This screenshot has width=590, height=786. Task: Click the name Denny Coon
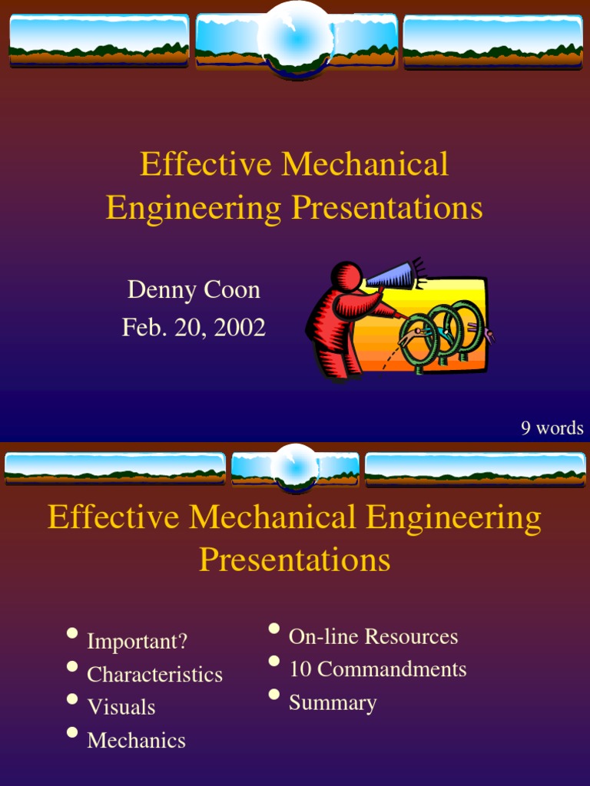tap(194, 290)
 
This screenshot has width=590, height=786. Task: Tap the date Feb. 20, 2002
tap(194, 328)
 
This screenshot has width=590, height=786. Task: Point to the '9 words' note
tap(552, 428)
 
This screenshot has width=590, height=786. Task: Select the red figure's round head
tap(346, 276)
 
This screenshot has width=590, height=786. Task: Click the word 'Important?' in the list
tap(137, 641)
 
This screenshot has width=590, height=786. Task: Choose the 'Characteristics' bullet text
tap(154, 675)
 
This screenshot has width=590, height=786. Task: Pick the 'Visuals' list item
tap(121, 708)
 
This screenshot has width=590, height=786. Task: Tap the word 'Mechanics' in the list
tap(136, 741)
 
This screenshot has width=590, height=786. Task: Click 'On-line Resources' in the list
tap(373, 636)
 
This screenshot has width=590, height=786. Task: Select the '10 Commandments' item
tap(377, 669)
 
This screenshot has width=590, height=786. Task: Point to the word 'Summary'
tap(333, 703)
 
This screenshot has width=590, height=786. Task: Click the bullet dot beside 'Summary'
tap(274, 695)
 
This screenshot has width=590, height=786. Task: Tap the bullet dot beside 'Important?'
tap(72, 633)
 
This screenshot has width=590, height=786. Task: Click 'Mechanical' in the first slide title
tap(365, 164)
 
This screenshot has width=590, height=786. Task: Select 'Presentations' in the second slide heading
tap(295, 560)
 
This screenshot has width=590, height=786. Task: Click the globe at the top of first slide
tap(295, 38)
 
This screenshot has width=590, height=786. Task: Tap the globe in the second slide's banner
tap(294, 467)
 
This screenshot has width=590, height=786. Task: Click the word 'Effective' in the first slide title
tap(205, 164)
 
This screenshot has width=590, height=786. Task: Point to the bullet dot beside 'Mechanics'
tap(72, 732)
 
